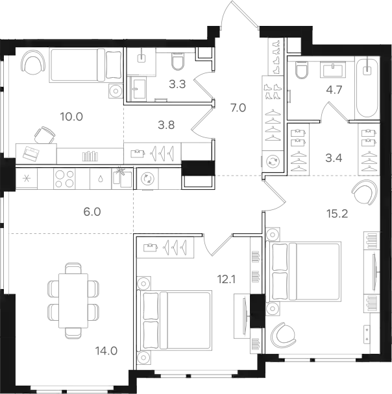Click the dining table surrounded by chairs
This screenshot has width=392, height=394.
click(73, 301)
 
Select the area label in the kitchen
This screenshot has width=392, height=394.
click(95, 211)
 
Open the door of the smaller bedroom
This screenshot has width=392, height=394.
click(217, 244)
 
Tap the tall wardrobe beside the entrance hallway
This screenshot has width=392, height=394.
click(272, 104)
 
